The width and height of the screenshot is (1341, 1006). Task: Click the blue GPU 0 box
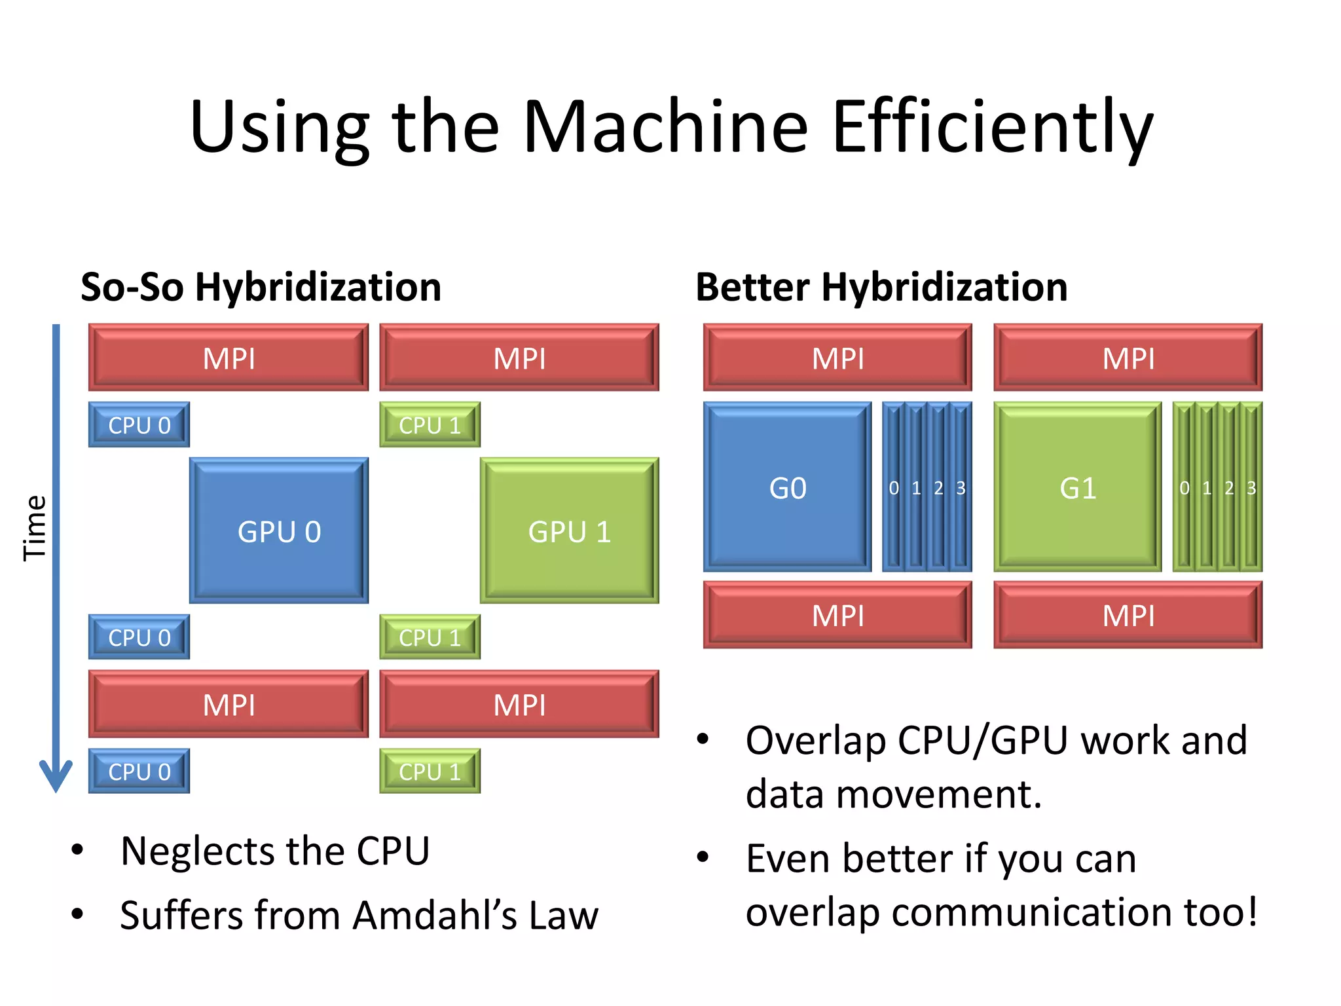tap(279, 531)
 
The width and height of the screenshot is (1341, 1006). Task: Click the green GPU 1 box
tap(569, 531)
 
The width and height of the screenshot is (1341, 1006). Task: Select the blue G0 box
tap(787, 487)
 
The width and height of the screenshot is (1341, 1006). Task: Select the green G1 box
tap(1077, 487)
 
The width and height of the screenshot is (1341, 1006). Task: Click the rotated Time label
tap(34, 528)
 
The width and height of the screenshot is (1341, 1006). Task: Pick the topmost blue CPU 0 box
tap(139, 425)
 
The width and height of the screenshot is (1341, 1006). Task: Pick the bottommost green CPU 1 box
tap(430, 771)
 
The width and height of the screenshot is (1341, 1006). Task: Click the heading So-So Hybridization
tap(261, 287)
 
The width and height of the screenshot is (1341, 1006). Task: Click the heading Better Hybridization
tap(881, 287)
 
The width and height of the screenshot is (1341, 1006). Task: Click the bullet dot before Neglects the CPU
tap(78, 849)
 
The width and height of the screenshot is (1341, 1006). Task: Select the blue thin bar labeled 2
tap(938, 487)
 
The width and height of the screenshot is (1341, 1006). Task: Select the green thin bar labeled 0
tap(1184, 487)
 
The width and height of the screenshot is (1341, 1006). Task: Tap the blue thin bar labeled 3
tap(961, 487)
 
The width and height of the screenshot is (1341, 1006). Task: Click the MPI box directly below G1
tap(1128, 615)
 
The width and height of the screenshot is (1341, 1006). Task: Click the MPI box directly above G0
tap(837, 358)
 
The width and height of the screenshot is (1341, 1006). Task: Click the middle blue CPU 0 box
tap(139, 637)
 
